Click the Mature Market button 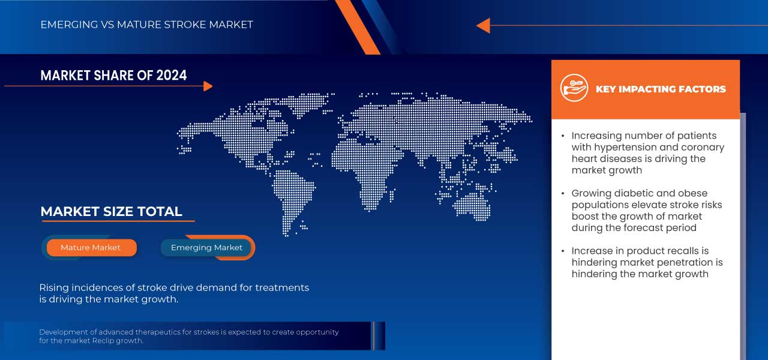tap(91, 248)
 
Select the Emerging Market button tap(206, 248)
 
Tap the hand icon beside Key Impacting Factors tap(574, 88)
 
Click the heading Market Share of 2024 tap(113, 76)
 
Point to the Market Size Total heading tap(111, 212)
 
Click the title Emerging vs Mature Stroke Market tap(147, 25)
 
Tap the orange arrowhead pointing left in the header tap(483, 25)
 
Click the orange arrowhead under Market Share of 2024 tap(208, 86)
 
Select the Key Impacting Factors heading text tap(661, 89)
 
